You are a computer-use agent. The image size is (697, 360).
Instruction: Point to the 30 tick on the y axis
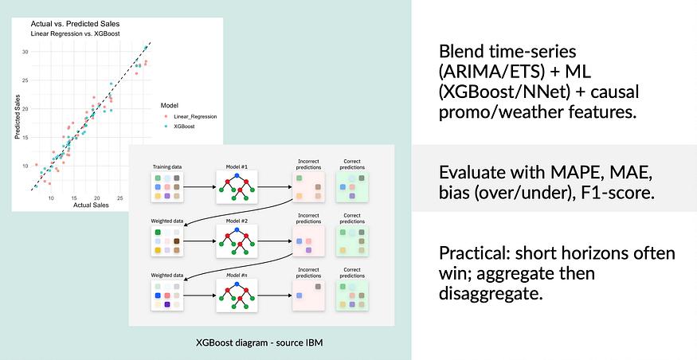point(25,53)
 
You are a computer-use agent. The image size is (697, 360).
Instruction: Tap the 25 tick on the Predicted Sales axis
point(25,80)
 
